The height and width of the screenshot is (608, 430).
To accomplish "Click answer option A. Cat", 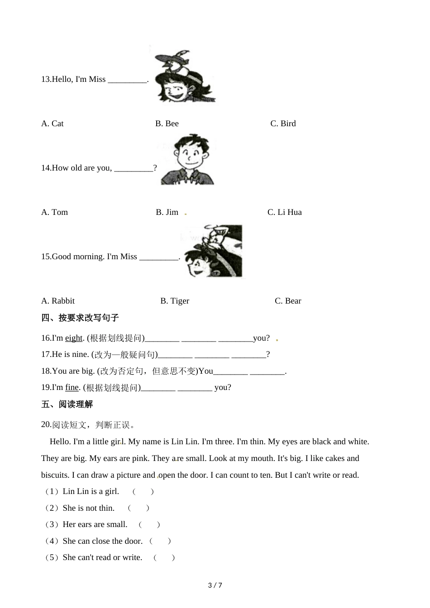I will tap(52, 123).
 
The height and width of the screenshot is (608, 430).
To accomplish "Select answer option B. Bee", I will tap(167, 123).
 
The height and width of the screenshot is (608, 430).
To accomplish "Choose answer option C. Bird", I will tap(283, 123).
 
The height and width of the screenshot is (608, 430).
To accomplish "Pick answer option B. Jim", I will tap(167, 212).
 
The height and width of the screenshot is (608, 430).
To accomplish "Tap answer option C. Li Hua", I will tap(284, 212).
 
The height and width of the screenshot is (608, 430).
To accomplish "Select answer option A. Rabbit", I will tap(58, 301).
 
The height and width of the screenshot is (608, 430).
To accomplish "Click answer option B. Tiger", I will tap(175, 301).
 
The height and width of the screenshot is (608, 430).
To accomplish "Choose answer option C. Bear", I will tap(288, 301).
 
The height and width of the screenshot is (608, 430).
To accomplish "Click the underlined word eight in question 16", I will tap(74, 338).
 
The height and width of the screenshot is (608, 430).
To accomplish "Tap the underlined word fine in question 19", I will tap(72, 387).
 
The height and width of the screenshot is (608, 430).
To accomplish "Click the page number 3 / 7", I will tap(215, 585).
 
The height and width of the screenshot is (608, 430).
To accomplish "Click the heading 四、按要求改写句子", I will tap(80, 318).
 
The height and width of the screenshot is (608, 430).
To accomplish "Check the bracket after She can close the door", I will tap(160, 541).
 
